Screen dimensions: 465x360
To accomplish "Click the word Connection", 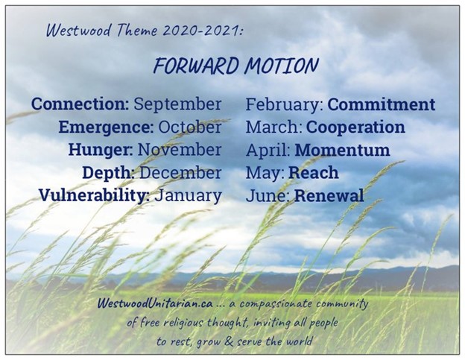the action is (x=80, y=104).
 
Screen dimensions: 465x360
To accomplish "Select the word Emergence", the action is (x=106, y=128).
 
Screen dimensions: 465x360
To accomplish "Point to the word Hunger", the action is (x=101, y=151).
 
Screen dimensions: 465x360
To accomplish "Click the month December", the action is (x=180, y=173).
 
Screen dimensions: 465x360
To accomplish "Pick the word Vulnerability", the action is (x=95, y=196).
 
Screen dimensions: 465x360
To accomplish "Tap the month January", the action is (x=189, y=196).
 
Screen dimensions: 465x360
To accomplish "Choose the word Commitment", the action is (x=382, y=104).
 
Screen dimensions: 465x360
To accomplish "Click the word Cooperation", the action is (x=355, y=128).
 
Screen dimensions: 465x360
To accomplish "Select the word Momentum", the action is (x=343, y=150).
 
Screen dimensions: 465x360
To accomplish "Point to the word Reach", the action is (x=314, y=173).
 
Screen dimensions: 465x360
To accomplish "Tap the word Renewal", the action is (x=329, y=196).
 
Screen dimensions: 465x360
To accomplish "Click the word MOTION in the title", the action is (x=282, y=66).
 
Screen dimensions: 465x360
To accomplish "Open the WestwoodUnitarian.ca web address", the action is (x=155, y=303).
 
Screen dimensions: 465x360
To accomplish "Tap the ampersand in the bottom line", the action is (x=229, y=341).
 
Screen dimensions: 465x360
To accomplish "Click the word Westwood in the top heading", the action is (x=79, y=31).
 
